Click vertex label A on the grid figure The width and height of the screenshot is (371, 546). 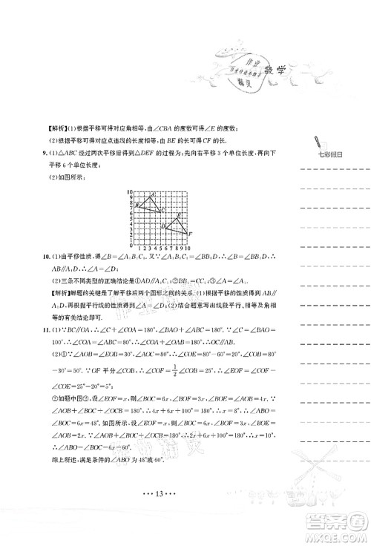point(153,194)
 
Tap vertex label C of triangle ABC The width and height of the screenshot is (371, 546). point(163,211)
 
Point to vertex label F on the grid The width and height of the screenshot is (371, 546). point(191,234)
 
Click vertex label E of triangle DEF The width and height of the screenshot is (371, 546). point(180,215)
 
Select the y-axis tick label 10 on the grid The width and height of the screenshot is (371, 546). point(128,191)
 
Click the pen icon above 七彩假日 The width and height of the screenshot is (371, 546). point(318,142)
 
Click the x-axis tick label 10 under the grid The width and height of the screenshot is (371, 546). point(188,247)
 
